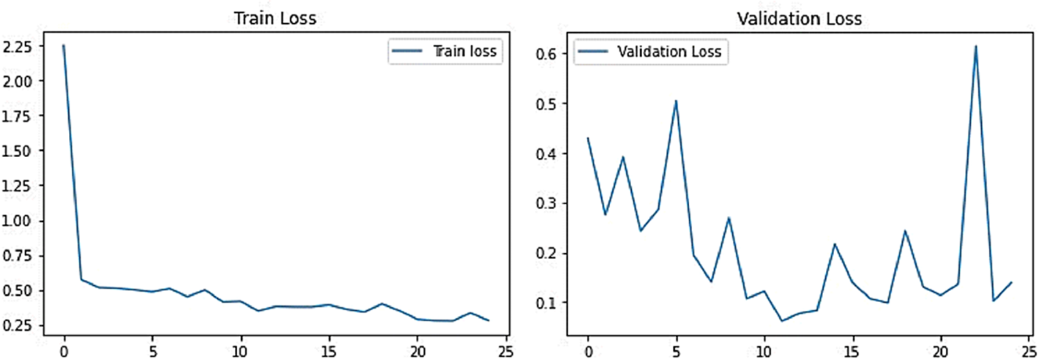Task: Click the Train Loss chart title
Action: coord(275,19)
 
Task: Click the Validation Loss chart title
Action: coord(799,19)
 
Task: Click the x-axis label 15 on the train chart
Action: coord(329,352)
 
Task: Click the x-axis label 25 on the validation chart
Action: coord(1028,352)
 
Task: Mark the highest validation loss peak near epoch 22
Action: coord(976,47)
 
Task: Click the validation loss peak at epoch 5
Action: coord(676,101)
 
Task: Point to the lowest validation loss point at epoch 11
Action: coord(782,321)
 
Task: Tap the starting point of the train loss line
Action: coord(64,46)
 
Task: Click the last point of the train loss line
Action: coord(488,320)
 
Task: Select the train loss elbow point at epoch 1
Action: coord(81,279)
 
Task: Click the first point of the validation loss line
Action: coord(588,138)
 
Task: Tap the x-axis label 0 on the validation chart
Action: coord(588,352)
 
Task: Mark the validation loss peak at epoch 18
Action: coord(905,231)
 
